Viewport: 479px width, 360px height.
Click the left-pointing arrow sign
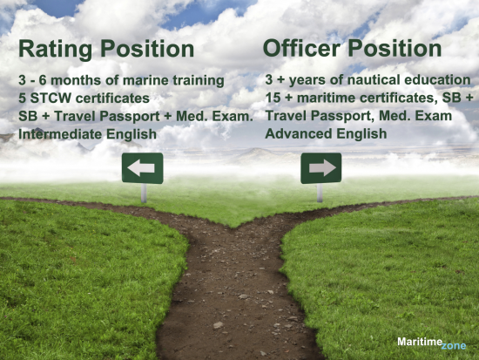142,168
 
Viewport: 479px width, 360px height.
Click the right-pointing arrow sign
321,168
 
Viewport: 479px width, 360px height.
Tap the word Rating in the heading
55,50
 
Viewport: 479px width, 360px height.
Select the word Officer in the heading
301,48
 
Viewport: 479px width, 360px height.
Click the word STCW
51,98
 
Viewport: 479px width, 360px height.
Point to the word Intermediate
59,134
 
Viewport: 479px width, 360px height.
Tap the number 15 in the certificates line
273,98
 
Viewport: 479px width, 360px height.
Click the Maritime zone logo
432,343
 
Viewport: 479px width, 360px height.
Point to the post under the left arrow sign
144,193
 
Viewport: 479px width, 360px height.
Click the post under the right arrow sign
320,193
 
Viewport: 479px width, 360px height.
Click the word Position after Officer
395,48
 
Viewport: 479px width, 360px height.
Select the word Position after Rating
147,49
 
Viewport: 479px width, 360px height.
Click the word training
199,81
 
